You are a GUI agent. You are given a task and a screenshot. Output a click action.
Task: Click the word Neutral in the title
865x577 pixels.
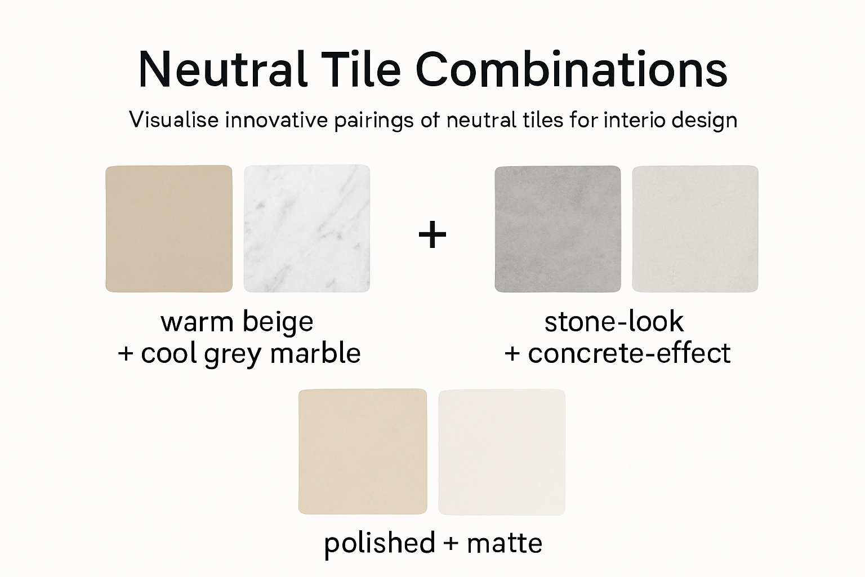point(222,70)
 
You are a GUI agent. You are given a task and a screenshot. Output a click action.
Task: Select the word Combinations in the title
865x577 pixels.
point(571,70)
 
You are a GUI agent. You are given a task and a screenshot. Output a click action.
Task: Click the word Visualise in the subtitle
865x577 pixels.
point(173,120)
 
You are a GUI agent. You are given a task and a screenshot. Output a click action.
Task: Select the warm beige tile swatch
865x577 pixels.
point(169,229)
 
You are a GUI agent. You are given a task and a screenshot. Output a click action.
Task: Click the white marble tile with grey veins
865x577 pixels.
point(307,229)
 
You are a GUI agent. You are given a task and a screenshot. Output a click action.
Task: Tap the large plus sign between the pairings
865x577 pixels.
point(432,234)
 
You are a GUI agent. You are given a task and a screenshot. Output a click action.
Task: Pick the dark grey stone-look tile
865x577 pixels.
point(558,229)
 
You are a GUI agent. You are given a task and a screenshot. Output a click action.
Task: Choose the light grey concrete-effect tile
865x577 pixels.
point(695,229)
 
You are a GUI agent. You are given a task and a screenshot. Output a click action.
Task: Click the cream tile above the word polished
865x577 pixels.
point(363,451)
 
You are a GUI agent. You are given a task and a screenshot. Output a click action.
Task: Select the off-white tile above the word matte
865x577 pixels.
point(502,451)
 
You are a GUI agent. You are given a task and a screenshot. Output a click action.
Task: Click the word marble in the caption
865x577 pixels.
point(315,354)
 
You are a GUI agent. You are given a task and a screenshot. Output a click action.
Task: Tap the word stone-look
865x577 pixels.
point(614,322)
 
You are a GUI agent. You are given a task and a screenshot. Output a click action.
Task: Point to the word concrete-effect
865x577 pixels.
point(629,354)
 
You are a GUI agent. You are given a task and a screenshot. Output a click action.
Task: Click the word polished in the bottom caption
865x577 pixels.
point(380,543)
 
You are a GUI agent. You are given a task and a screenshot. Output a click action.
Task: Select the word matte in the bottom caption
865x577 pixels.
point(505,543)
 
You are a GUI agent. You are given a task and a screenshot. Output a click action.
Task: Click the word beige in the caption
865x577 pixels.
point(278,322)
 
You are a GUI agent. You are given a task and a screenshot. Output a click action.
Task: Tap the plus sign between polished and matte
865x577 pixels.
point(451,543)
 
